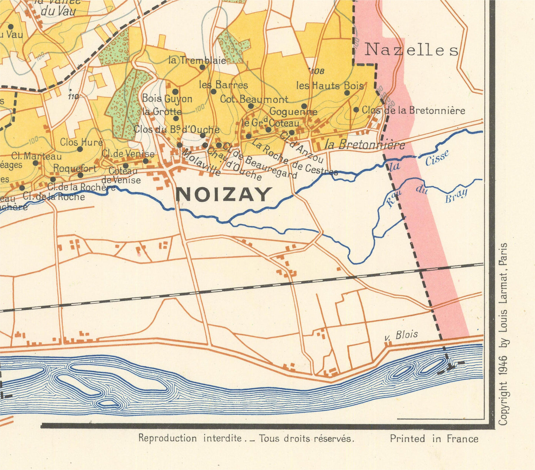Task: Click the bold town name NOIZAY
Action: click(x=224, y=195)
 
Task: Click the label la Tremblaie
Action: click(x=197, y=60)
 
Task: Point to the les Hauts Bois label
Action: click(x=330, y=86)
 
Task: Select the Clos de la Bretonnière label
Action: click(x=414, y=110)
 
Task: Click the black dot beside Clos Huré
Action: click(x=80, y=149)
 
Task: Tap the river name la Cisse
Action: click(x=418, y=161)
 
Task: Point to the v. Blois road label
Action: click(x=401, y=335)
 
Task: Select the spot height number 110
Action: click(x=73, y=97)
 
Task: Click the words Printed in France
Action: click(x=434, y=439)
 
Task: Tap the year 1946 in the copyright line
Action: click(x=502, y=375)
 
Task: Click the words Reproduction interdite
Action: click(x=190, y=439)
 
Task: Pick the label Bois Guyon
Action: click(x=167, y=99)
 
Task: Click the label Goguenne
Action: click(x=293, y=111)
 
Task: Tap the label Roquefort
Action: click(x=75, y=169)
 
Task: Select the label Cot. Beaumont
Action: click(x=254, y=99)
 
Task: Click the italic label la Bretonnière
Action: click(x=365, y=145)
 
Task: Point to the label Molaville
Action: click(x=201, y=162)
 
